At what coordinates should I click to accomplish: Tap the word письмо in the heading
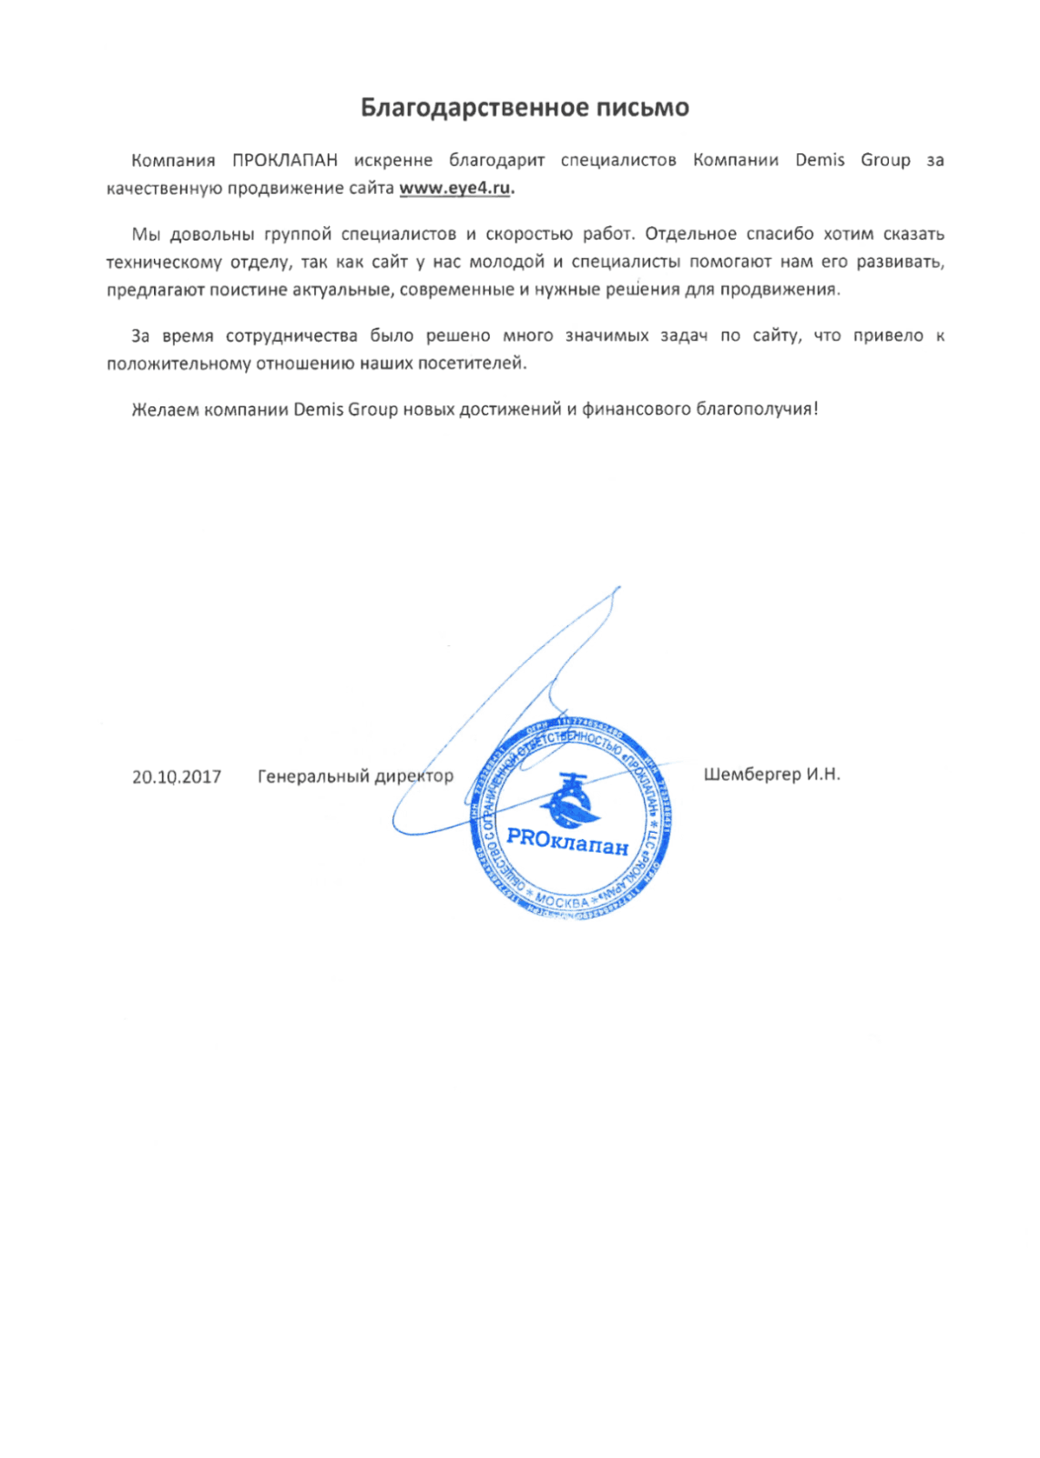(642, 108)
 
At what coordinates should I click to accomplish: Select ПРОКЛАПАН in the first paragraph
(285, 160)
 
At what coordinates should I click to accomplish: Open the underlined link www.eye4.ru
(456, 189)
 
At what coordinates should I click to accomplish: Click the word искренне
(393, 160)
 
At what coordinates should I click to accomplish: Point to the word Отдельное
(690, 234)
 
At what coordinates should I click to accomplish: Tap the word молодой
(506, 262)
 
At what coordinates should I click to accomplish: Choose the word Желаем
(164, 410)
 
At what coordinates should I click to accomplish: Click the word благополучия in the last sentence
(756, 410)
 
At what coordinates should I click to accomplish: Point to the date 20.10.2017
(177, 777)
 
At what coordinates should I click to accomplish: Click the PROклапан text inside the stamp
(566, 841)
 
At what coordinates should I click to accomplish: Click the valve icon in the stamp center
(569, 797)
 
